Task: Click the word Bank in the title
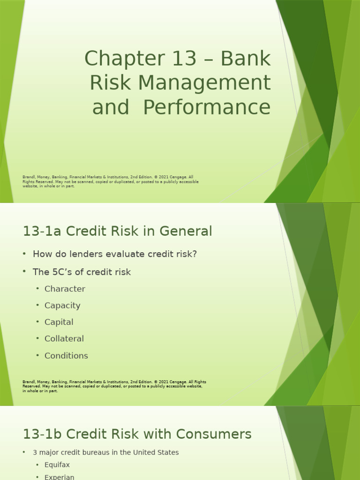click(246, 59)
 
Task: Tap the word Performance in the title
click(207, 107)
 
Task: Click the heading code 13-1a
click(43, 231)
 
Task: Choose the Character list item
click(65, 289)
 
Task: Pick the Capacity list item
click(62, 306)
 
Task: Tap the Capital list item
click(59, 322)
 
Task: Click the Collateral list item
click(64, 338)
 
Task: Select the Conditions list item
click(66, 356)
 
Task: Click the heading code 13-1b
click(43, 434)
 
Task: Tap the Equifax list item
click(57, 465)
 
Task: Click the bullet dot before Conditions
click(37, 355)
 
